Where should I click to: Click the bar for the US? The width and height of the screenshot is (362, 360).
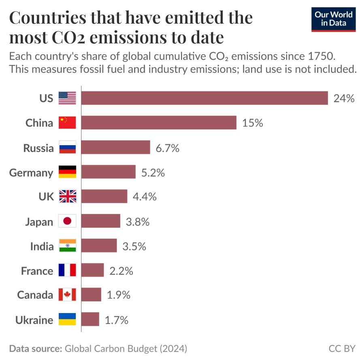pos(204,98)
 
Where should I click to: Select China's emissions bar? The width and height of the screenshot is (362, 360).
pos(159,123)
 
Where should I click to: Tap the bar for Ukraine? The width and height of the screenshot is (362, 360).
pos(90,319)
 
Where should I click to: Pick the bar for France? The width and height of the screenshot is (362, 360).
pos(93,270)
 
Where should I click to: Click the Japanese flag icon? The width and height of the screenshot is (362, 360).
pos(67,221)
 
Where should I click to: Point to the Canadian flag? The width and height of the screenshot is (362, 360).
pos(67,295)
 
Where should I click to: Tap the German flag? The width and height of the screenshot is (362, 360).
pos(67,172)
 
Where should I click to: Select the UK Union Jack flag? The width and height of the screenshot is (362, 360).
pos(67,197)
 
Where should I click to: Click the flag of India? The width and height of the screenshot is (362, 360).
pos(67,246)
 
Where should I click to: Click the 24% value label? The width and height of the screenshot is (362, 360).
pos(344,98)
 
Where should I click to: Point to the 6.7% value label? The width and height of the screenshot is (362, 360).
pos(167,148)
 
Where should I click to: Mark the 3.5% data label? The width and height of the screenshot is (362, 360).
pos(134,246)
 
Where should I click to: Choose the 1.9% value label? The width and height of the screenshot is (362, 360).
pos(119,295)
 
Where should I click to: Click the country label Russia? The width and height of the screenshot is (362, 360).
pos(38,148)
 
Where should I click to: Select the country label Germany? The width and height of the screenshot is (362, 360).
pos(31,173)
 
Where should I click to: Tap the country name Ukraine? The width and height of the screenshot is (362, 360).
pos(34,320)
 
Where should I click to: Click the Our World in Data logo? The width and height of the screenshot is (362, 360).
pos(334,19)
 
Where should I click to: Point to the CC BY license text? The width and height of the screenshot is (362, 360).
pos(342,348)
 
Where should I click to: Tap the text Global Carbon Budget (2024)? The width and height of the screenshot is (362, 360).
pos(126,348)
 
